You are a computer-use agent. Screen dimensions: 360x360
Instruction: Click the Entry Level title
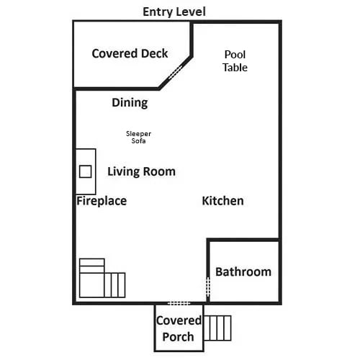pos(174,12)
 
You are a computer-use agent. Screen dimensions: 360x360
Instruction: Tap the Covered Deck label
pos(130,53)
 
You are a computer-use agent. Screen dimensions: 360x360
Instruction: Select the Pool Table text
pos(235,61)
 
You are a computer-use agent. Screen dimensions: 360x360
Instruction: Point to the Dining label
pos(130,103)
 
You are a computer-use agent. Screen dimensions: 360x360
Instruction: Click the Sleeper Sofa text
pos(138,137)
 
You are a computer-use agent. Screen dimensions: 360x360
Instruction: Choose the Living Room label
pos(141,171)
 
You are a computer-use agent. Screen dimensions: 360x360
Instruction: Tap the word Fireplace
pos(102,201)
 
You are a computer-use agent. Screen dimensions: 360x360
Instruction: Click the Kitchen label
pos(222,201)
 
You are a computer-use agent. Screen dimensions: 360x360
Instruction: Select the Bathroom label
pos(243,272)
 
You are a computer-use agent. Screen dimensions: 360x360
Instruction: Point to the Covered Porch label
pos(179,328)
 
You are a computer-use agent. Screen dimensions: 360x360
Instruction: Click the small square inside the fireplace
pos(86,171)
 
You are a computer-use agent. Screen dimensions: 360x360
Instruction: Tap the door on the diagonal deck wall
pos(175,72)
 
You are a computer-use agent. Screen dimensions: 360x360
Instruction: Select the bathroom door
pos(208,287)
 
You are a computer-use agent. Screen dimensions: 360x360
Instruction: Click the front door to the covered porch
pos(179,303)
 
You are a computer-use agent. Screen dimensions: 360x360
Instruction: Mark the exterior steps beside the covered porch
pos(217,328)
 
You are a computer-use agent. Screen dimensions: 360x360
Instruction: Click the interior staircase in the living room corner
pos(102,278)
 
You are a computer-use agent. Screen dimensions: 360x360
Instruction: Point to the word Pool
pos(235,55)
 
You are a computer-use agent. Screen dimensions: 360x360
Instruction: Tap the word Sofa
pos(138,140)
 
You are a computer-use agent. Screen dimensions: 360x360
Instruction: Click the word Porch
pos(178,337)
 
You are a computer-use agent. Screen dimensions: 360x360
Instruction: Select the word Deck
pos(155,53)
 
